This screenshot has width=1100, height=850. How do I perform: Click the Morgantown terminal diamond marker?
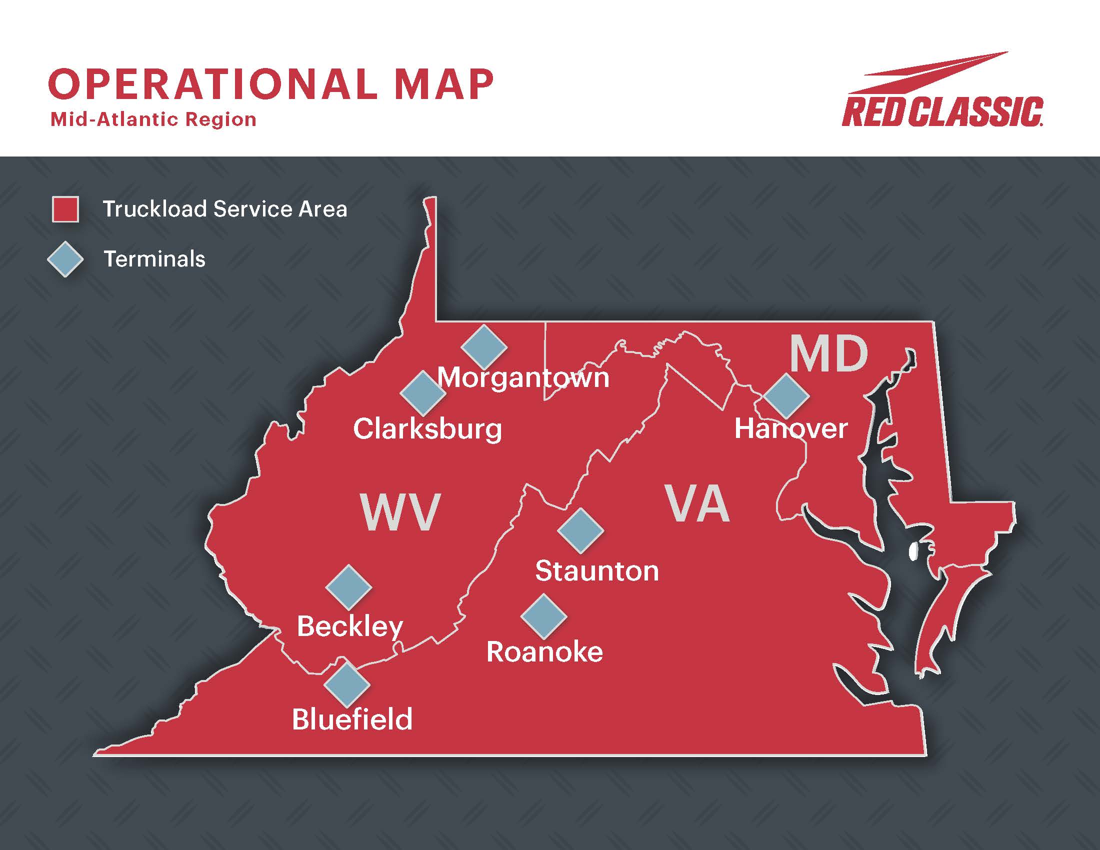(x=484, y=346)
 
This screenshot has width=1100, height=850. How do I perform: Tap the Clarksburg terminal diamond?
(x=423, y=393)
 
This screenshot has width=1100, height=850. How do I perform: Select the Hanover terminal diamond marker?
(x=786, y=396)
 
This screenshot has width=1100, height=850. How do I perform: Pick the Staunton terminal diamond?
(x=580, y=530)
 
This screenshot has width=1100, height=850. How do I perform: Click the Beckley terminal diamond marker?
(x=348, y=587)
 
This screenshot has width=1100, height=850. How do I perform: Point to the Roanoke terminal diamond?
(x=543, y=616)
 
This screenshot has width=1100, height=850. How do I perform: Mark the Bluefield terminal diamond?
(x=347, y=684)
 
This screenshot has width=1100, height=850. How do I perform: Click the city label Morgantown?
(x=523, y=377)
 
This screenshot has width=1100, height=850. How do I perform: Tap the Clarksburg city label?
(x=427, y=429)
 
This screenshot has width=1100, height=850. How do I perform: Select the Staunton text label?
(x=597, y=571)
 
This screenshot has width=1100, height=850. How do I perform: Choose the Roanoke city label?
(x=544, y=652)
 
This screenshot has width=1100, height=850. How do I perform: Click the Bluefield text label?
(x=352, y=719)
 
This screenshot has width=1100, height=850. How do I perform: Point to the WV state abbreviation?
(x=400, y=512)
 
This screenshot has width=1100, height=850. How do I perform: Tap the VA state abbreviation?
(x=698, y=503)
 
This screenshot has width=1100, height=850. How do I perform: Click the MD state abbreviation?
(x=828, y=354)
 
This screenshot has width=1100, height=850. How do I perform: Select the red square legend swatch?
(x=65, y=209)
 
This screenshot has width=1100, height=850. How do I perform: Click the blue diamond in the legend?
(x=65, y=259)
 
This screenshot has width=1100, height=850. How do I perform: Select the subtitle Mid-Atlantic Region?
(x=153, y=120)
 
